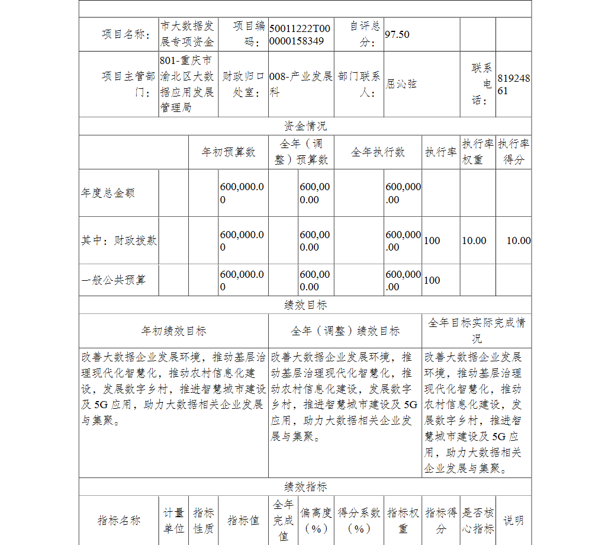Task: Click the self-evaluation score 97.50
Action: coord(397,34)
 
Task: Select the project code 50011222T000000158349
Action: coord(300,34)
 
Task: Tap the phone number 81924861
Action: coord(513,84)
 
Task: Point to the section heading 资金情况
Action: coord(305,126)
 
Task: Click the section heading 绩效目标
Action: coord(305,305)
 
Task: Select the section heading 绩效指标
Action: coord(305,487)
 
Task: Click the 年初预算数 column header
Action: coord(229,152)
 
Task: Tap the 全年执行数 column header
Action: coord(378,152)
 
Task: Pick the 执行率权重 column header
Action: coord(478,152)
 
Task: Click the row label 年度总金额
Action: coord(108,193)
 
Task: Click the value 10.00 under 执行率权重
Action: coord(474,241)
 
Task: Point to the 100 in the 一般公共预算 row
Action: coord(432,280)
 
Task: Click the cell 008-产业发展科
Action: coord(301,84)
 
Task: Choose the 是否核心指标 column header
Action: coord(478,521)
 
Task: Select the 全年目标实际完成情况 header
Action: coord(477,331)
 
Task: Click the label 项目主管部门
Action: coord(128,84)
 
